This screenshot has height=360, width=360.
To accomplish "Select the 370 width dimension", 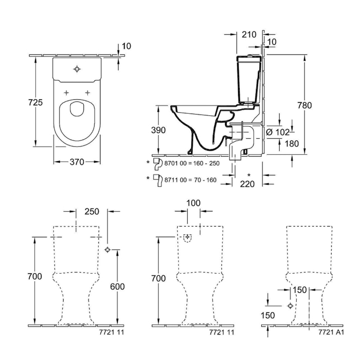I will (77, 162).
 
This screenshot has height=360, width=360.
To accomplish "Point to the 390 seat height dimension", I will (159, 131).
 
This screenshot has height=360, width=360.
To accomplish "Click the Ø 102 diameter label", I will (278, 132).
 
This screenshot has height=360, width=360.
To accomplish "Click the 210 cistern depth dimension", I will (250, 34).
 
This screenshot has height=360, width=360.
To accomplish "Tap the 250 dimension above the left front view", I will (92, 212).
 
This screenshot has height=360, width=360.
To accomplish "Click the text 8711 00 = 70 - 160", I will (189, 180).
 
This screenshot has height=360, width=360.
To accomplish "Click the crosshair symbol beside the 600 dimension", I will (107, 249).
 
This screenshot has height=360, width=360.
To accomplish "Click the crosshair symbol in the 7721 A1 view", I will (291, 305).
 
